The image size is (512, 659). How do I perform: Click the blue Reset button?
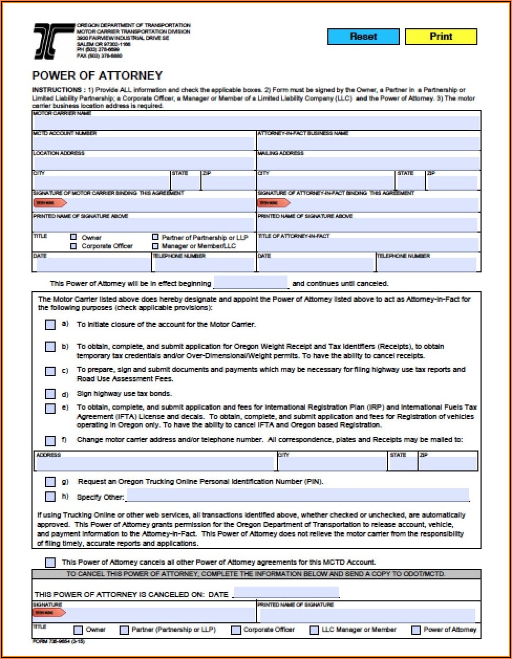tap(363, 37)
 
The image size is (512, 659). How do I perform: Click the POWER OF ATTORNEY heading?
tap(98, 75)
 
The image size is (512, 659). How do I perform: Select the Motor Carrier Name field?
tap(257, 123)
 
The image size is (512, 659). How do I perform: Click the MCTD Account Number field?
tap(144, 143)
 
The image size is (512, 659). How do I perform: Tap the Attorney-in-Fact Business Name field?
tap(368, 143)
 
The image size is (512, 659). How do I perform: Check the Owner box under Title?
tap(73, 237)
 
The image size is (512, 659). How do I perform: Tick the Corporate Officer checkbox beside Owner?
tap(73, 246)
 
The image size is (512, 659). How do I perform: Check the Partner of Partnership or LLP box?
tap(155, 237)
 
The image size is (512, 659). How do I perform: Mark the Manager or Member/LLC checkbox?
tap(155, 246)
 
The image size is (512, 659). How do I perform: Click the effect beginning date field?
tap(251, 283)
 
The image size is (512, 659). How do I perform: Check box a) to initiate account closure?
tap(50, 325)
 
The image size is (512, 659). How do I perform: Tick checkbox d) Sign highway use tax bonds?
tap(50, 394)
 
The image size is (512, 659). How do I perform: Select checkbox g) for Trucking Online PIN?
tap(50, 481)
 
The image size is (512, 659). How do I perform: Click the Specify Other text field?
tap(297, 496)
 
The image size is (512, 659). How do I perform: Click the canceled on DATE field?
tap(286, 593)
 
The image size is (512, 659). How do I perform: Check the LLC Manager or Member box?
tap(314, 630)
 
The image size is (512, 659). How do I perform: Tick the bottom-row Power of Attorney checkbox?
tap(415, 630)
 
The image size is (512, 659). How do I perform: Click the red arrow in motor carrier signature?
tap(50, 203)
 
